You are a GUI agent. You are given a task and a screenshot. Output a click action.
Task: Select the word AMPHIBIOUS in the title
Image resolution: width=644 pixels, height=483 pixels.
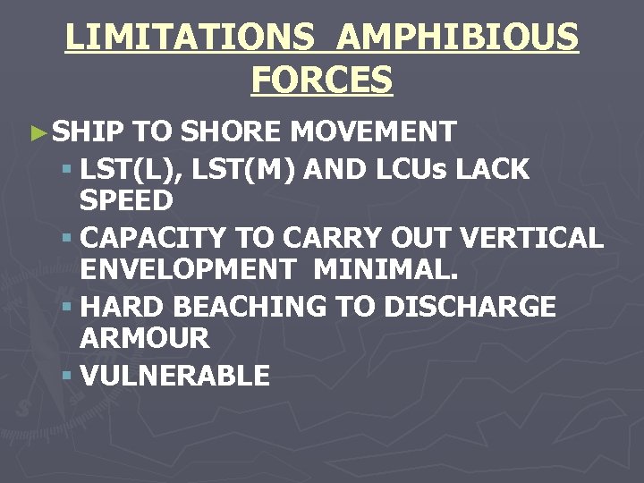coord(459,38)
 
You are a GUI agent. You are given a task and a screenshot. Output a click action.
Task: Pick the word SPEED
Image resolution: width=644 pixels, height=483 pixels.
coord(126,200)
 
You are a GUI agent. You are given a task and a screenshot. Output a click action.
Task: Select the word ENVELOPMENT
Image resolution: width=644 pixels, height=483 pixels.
coord(185,269)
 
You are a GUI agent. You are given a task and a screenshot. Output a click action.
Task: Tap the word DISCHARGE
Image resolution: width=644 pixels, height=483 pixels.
coord(469,307)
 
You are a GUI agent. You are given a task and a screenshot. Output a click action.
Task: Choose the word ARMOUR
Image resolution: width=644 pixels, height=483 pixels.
coord(144,338)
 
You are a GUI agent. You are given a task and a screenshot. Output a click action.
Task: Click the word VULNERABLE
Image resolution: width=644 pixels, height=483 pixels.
coord(174,376)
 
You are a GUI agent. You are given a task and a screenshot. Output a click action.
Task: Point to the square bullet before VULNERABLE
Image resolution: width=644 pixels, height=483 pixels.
coord(67,376)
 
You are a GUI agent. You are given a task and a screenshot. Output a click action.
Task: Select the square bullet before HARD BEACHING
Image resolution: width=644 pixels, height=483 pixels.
coord(67,307)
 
